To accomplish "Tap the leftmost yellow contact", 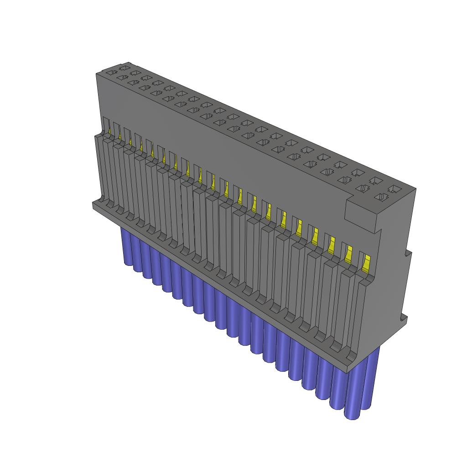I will (110, 132).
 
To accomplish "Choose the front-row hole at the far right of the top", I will (381, 197).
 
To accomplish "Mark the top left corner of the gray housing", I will (98, 73).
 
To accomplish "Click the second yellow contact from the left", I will (119, 136).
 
